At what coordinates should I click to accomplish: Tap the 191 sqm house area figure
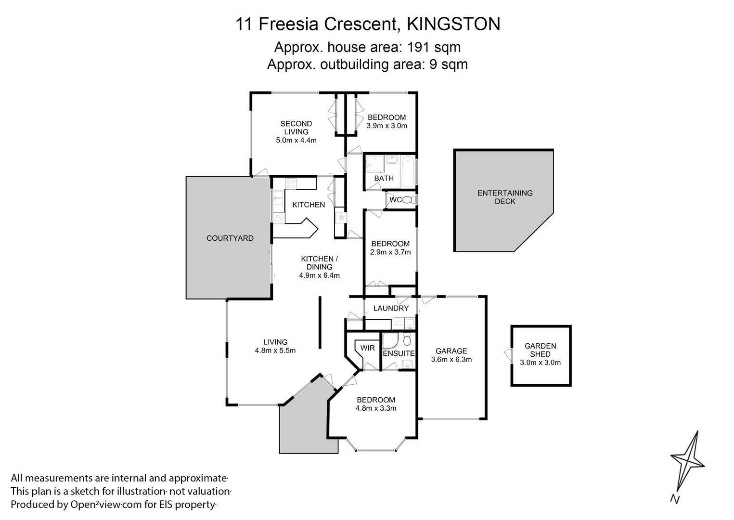click(434, 47)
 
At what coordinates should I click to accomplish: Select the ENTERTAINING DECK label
click(505, 197)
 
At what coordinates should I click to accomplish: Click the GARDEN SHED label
click(540, 350)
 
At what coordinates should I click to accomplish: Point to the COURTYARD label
click(230, 238)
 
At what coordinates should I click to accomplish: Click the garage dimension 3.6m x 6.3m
click(451, 359)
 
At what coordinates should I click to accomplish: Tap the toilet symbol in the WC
click(408, 200)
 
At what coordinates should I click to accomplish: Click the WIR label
click(367, 348)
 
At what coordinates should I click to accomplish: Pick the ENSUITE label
click(399, 353)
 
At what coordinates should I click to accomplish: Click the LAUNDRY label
click(391, 308)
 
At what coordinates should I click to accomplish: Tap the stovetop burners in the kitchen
click(291, 183)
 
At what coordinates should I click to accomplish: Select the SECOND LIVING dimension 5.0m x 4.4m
click(296, 140)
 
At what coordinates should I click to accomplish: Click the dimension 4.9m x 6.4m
click(319, 275)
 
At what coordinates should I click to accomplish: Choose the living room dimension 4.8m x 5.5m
click(275, 351)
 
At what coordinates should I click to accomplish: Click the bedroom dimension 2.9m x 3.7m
click(390, 252)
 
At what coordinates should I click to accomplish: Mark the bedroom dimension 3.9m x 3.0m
click(386, 126)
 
